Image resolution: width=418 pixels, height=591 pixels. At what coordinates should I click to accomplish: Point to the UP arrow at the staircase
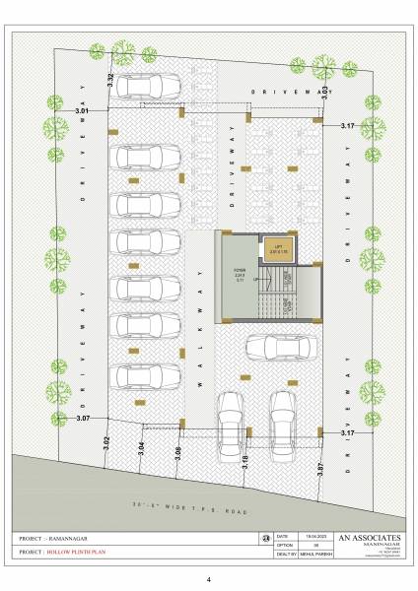(x=256, y=280)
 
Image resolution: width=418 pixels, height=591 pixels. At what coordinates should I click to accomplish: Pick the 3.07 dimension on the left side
(x=83, y=419)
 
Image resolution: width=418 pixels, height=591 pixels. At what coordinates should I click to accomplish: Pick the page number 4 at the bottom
(x=208, y=580)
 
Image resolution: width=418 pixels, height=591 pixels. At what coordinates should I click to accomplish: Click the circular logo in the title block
(x=265, y=537)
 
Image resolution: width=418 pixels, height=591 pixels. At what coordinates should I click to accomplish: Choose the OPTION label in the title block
(x=284, y=545)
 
